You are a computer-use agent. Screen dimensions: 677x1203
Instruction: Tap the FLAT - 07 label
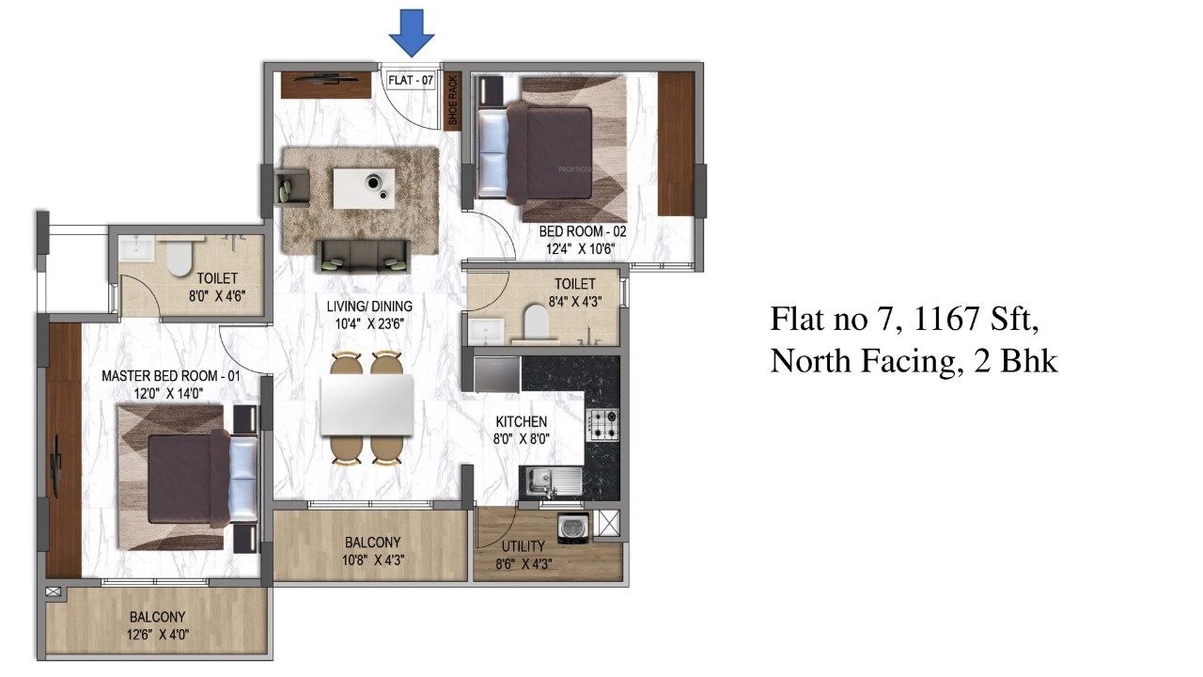pos(411,80)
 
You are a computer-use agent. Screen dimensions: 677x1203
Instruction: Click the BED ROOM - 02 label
pos(582,231)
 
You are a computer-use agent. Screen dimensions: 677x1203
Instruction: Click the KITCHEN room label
pos(521,421)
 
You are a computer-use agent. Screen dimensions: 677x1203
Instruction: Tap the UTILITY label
pos(523,546)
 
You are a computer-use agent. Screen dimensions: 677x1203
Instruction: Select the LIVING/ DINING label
pos(369,306)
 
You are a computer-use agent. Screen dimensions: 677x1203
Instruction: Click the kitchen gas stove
pos(602,425)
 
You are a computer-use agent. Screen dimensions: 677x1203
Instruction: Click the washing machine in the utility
pos(573,528)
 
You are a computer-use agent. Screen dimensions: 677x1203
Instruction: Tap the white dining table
pos(367,405)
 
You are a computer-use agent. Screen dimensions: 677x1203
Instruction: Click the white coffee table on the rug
pos(365,187)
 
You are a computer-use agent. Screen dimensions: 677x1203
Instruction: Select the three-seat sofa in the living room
pos(363,252)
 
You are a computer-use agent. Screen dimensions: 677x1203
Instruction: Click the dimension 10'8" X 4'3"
pos(373,560)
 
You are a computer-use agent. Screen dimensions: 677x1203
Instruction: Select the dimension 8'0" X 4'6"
pos(215,296)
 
